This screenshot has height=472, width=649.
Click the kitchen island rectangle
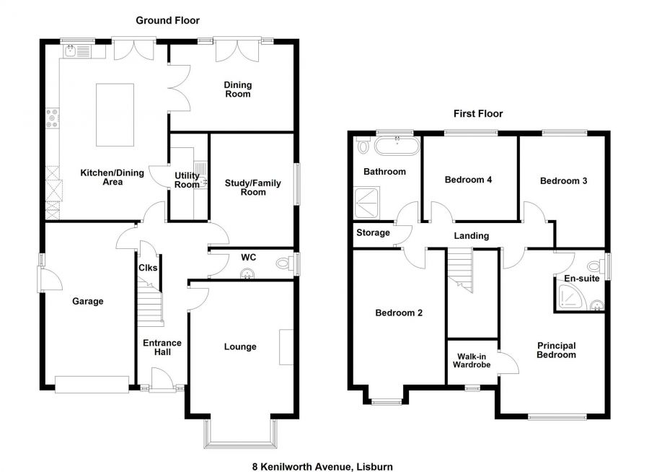(x=115, y=114)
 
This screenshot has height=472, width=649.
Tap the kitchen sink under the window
(x=75, y=51)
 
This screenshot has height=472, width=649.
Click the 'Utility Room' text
(x=187, y=180)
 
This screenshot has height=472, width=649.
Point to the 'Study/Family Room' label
(x=253, y=188)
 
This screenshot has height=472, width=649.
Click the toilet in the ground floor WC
(x=283, y=264)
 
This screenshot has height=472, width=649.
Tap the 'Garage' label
(x=87, y=301)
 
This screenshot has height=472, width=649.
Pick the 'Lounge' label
(x=240, y=347)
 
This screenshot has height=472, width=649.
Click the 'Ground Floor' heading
(x=167, y=21)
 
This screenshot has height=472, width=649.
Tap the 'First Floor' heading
(x=477, y=113)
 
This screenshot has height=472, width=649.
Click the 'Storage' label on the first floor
(x=373, y=232)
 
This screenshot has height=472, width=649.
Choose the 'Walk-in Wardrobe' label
(x=471, y=360)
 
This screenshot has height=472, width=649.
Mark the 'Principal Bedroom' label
(x=556, y=350)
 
